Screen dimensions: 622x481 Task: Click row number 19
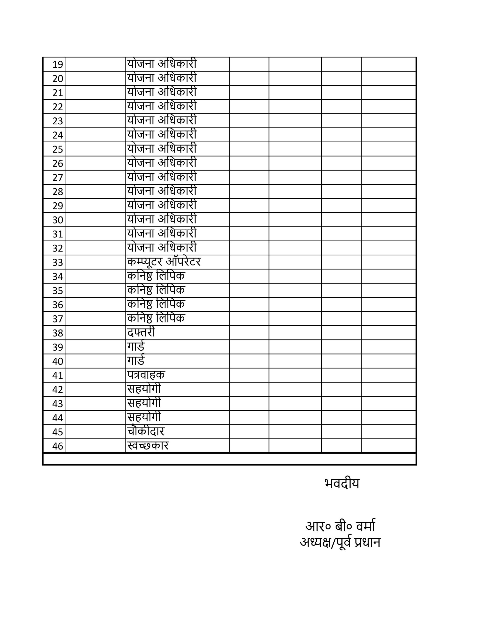(58, 65)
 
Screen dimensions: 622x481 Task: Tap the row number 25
(58, 149)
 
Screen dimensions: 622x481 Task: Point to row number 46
(58, 446)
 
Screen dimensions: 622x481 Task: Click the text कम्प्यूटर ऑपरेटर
(164, 262)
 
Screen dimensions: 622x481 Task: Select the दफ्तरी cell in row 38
(141, 332)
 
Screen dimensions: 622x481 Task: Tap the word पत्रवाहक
(146, 375)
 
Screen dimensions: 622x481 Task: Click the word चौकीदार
(146, 431)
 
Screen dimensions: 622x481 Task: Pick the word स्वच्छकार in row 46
(148, 445)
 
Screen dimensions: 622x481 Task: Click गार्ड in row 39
(136, 346)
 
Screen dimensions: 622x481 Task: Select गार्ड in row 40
(136, 361)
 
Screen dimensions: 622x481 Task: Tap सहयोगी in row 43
(144, 403)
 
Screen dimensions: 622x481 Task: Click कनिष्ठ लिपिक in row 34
(156, 276)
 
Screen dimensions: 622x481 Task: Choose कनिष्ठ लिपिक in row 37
(156, 318)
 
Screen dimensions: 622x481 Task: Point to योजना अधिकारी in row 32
(162, 248)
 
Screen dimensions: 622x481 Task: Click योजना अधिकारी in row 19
(162, 64)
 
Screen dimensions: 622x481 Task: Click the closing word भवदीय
(342, 484)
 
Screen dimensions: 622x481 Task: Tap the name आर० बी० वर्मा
(340, 526)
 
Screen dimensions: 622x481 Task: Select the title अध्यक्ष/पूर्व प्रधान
(340, 543)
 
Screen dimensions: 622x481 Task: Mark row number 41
(58, 375)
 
